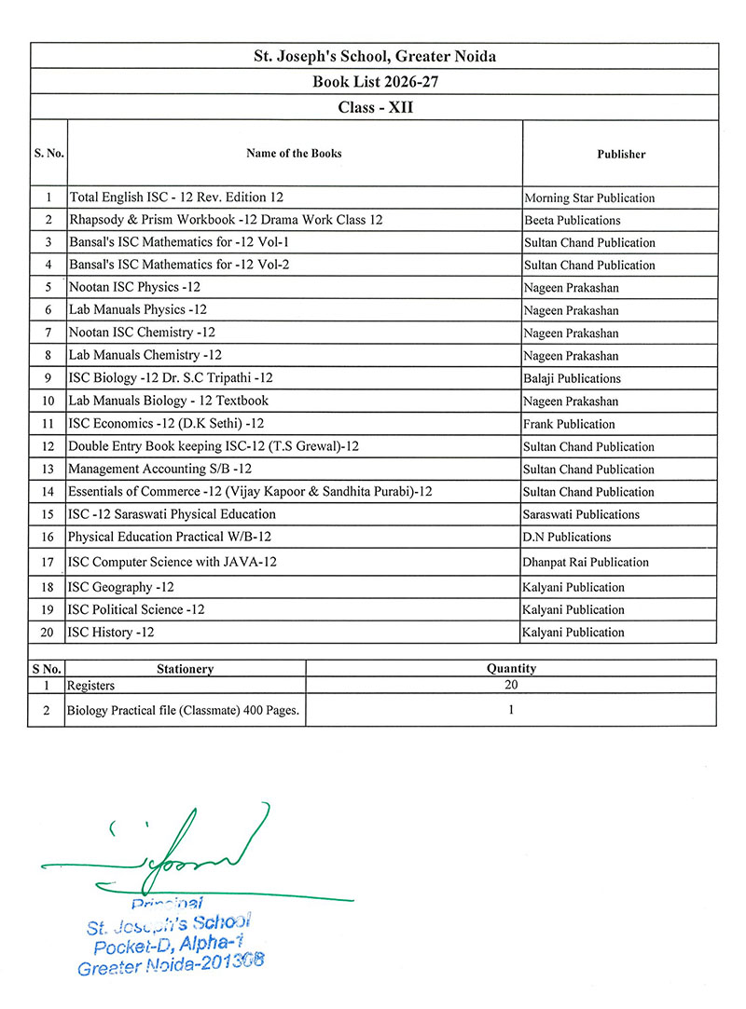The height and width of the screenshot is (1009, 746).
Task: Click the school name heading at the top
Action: tap(375, 57)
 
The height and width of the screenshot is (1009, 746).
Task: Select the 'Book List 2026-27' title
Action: tap(375, 82)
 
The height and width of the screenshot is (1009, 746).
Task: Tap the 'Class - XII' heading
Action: tap(375, 107)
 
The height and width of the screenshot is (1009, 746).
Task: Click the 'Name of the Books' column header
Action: tap(294, 154)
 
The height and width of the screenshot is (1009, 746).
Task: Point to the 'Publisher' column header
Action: tap(621, 155)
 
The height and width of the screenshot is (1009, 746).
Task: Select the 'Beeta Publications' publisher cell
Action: tap(573, 220)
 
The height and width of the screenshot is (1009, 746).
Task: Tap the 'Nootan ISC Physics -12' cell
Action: tap(135, 288)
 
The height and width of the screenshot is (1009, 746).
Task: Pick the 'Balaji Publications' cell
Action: tap(573, 378)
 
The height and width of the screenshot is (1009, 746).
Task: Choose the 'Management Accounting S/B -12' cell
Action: tap(160, 469)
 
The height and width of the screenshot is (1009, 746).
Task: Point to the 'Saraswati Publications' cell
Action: tap(582, 514)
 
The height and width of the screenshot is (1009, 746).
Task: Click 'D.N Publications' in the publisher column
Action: tap(568, 537)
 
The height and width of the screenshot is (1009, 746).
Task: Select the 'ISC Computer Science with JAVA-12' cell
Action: tap(173, 562)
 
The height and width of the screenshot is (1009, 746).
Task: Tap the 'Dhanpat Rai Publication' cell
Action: tap(587, 562)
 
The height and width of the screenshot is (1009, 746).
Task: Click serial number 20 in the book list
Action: tap(48, 632)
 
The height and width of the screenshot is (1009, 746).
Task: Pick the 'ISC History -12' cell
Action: tap(111, 632)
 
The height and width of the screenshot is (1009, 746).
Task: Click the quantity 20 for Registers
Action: tap(511, 685)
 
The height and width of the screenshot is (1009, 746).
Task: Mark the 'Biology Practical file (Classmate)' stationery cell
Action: tap(183, 710)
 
